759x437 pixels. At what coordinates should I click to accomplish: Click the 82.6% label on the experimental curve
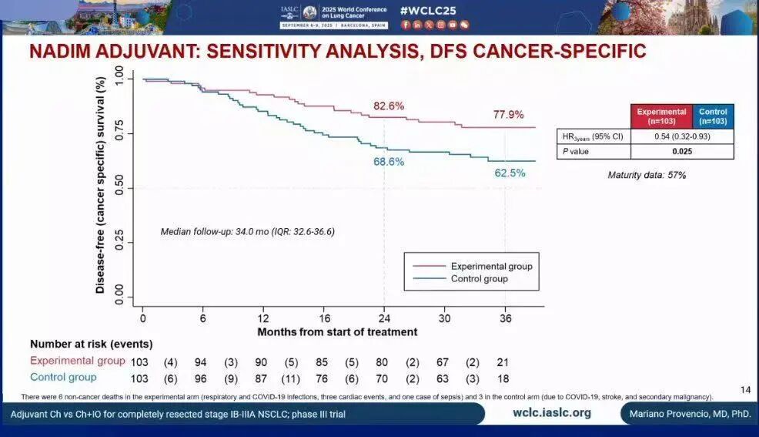click(389, 106)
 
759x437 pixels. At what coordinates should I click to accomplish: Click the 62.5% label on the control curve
click(510, 173)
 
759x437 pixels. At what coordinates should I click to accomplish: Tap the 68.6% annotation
click(389, 162)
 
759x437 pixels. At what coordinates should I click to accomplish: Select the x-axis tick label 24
click(384, 318)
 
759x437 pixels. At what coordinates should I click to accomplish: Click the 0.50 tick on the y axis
click(119, 188)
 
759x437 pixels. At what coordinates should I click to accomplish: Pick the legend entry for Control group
click(479, 278)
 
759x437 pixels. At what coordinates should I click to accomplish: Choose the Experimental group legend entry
click(491, 267)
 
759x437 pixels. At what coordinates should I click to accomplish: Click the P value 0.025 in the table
click(661, 151)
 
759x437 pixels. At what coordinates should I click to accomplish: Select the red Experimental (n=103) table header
click(661, 116)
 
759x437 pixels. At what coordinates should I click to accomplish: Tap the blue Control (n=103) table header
click(713, 116)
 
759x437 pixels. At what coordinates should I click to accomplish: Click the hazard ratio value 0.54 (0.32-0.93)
click(661, 136)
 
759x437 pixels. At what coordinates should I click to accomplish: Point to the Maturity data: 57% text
click(647, 175)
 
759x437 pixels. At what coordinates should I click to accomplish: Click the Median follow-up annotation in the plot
click(247, 231)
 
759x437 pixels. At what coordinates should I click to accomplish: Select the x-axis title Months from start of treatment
click(337, 332)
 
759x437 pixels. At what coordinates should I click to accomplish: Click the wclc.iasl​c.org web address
click(552, 413)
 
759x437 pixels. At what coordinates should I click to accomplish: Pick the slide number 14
click(744, 388)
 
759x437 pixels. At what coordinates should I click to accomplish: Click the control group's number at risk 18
click(503, 378)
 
